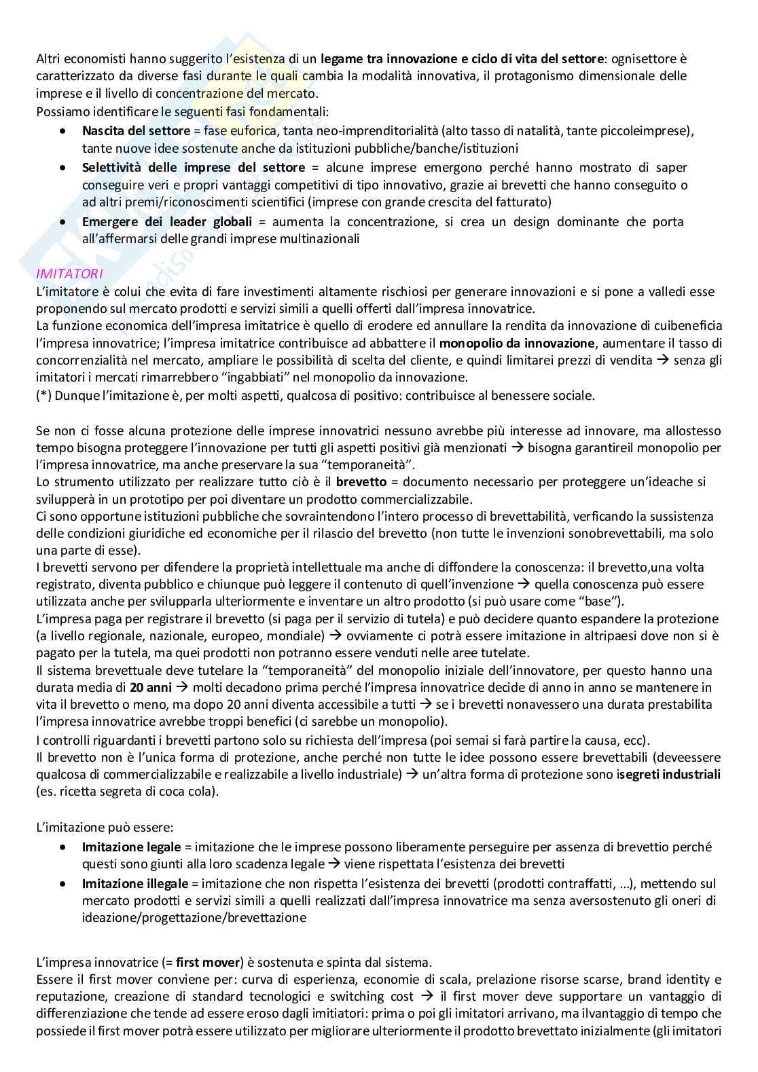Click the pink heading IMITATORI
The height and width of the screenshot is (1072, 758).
tap(69, 274)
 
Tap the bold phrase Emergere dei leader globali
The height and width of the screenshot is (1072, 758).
tap(166, 222)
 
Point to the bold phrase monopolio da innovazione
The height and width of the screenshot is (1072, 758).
tap(511, 344)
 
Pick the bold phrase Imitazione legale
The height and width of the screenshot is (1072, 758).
tap(131, 847)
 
